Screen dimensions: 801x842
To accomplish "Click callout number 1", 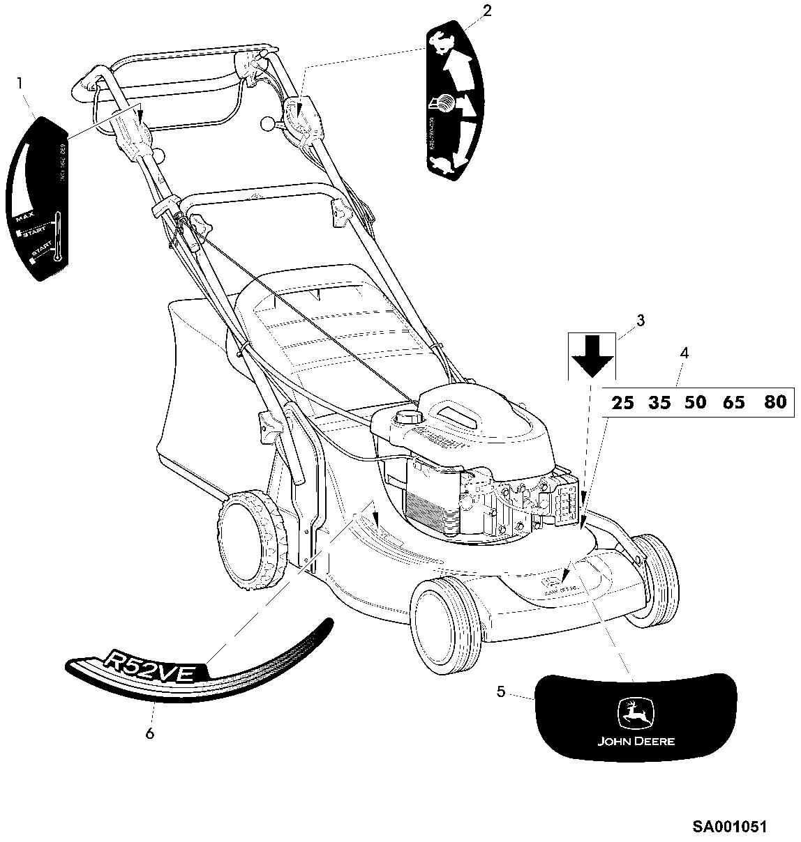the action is coord(20,83).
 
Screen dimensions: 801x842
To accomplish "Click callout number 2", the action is coord(487,10).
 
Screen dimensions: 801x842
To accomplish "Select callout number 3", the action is coord(640,321).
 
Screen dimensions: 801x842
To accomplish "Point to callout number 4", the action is coord(684,353).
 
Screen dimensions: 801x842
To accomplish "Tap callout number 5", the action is coord(501,691).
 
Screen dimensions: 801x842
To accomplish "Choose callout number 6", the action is coord(149,733).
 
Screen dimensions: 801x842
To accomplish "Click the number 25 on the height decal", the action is coord(623,403).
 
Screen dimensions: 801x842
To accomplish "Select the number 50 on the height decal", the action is coord(695,403).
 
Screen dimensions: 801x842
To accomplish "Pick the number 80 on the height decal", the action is coord(774,402).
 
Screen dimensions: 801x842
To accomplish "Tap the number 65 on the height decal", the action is coord(734,403).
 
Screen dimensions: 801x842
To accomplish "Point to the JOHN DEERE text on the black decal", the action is coord(636,741).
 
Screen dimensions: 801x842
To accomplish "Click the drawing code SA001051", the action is coord(729,827).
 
